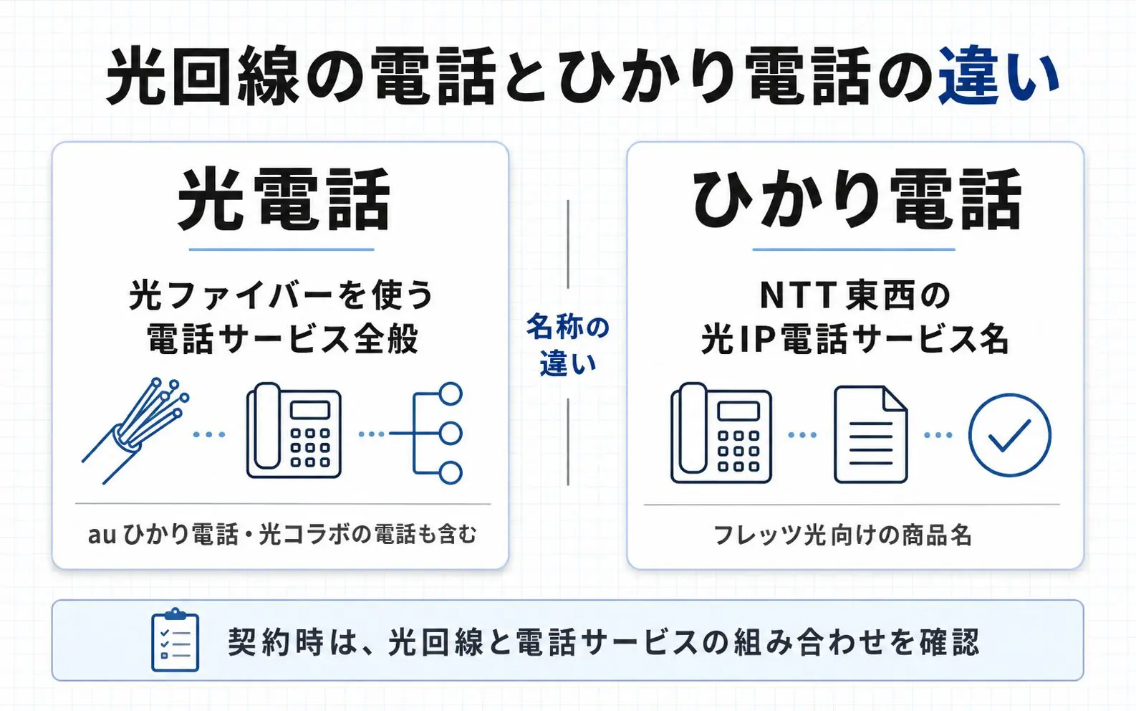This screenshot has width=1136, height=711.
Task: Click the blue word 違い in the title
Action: tap(998, 75)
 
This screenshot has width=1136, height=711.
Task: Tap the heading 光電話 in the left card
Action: tap(284, 200)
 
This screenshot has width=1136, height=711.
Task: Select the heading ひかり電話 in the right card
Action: tap(856, 200)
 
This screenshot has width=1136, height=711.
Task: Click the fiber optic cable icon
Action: tap(135, 431)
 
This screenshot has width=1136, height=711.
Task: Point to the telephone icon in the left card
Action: tap(294, 430)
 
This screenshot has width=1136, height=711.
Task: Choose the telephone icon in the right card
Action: tap(721, 432)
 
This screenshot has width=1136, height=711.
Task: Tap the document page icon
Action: tap(871, 434)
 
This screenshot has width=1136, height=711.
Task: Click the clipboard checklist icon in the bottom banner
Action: tap(175, 640)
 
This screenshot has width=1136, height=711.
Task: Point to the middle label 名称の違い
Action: tap(568, 345)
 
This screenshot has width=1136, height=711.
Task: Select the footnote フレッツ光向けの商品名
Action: tap(843, 535)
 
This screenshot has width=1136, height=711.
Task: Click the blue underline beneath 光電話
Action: tap(281, 249)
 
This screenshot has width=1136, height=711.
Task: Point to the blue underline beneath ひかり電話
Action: tap(854, 249)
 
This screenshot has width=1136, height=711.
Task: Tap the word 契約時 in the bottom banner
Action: tap(275, 642)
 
